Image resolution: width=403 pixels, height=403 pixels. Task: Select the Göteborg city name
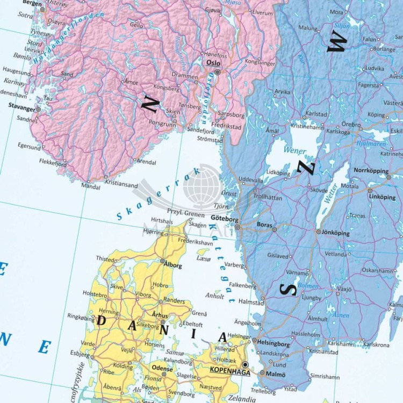click(x=225, y=219)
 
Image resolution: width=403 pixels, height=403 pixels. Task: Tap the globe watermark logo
click(x=202, y=186)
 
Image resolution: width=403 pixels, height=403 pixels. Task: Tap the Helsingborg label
click(x=274, y=344)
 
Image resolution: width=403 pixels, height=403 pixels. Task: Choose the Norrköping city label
click(x=371, y=170)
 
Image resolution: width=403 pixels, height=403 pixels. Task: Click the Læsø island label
click(x=204, y=259)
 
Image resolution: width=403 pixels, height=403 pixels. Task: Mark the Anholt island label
click(x=215, y=296)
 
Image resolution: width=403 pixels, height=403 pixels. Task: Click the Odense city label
click(x=162, y=369)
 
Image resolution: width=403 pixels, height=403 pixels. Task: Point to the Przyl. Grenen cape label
click(x=186, y=213)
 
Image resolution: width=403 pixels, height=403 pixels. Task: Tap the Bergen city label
click(x=32, y=3)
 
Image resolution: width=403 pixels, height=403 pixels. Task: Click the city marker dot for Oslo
click(x=218, y=71)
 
